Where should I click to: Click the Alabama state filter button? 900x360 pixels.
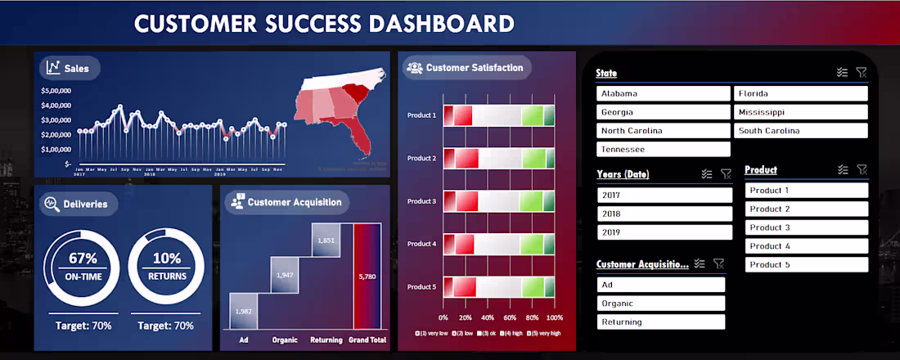click(x=663, y=93)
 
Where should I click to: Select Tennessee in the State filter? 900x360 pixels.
click(x=663, y=149)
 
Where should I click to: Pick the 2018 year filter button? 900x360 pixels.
click(x=664, y=214)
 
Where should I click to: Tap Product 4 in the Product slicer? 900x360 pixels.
click(x=806, y=246)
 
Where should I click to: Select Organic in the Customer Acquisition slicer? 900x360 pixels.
click(x=660, y=304)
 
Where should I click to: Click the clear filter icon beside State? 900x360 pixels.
click(x=861, y=73)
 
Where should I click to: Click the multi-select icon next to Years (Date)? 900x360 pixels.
click(x=707, y=174)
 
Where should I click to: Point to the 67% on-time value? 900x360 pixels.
click(x=83, y=259)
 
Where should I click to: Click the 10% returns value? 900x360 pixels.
click(x=167, y=259)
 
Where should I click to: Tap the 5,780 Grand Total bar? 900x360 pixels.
click(x=367, y=277)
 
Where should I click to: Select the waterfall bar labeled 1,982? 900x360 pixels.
click(x=243, y=311)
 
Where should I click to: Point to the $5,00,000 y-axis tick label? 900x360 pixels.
click(x=56, y=91)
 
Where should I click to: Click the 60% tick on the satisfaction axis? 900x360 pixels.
click(x=510, y=317)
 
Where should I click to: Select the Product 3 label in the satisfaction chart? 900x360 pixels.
click(x=421, y=201)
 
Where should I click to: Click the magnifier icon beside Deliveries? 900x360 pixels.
click(x=51, y=204)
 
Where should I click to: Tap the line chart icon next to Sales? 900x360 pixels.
click(x=53, y=68)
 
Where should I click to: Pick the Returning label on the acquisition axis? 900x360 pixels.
click(x=326, y=339)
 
